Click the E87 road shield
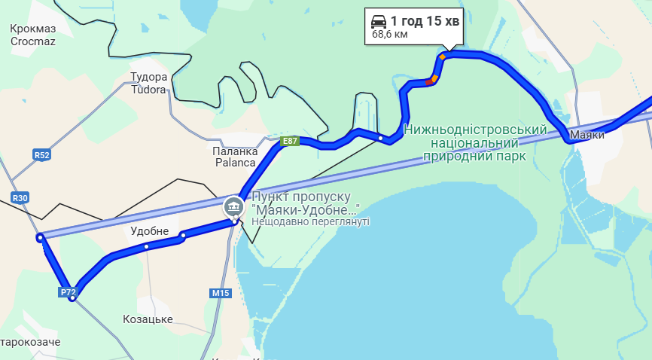pos(290,141)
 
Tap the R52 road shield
pos(41,155)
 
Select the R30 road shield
pos(20,198)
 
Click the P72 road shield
pos(67,291)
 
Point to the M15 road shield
pos(221,293)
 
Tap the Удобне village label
pos(149,231)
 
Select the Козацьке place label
pos(148,319)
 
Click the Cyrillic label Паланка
pos(235,151)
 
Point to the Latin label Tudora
pos(148,90)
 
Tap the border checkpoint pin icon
pos(234,206)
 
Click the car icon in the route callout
pos(379,20)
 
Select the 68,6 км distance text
pos(390,34)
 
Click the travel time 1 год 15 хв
pos(425,20)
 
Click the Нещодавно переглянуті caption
pos(310,222)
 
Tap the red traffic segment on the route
pos(430,81)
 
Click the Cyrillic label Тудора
pos(148,77)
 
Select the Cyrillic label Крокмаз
pos(33,29)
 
